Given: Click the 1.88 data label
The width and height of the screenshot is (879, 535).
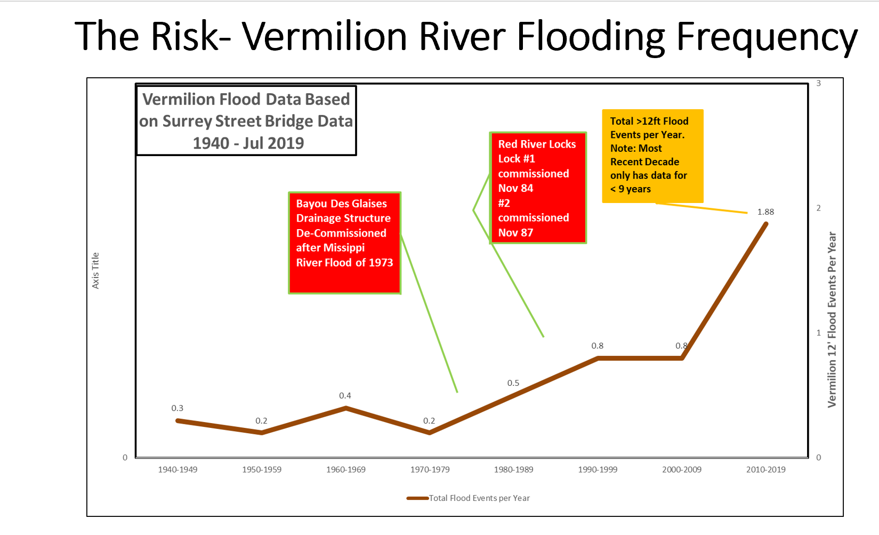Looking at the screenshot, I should pyautogui.click(x=765, y=212).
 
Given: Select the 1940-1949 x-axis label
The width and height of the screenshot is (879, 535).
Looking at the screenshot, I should pyautogui.click(x=178, y=469).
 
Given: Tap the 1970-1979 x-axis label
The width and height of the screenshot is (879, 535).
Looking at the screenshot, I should pyautogui.click(x=430, y=469).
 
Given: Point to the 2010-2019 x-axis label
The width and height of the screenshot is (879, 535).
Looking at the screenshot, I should pyautogui.click(x=765, y=469).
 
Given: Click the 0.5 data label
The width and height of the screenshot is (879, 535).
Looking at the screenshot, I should pyautogui.click(x=513, y=383).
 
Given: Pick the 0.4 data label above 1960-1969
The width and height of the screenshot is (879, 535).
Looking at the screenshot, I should pyautogui.click(x=345, y=396).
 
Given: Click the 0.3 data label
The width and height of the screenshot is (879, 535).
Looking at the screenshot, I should pyautogui.click(x=177, y=408).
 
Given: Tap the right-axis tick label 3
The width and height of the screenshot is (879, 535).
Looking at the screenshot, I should pyautogui.click(x=818, y=84).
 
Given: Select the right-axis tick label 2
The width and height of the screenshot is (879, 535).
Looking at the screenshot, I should pyautogui.click(x=818, y=208).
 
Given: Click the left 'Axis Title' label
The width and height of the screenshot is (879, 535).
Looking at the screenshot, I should pyautogui.click(x=95, y=271).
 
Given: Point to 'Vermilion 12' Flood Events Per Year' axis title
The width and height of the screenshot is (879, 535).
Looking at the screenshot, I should pyautogui.click(x=832, y=320).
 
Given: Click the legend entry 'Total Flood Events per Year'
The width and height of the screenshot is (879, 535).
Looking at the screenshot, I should pyautogui.click(x=479, y=498).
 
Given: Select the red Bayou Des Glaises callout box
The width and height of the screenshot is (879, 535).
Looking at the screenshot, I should pyautogui.click(x=344, y=243).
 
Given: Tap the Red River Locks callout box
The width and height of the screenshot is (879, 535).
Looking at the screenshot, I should pyautogui.click(x=538, y=188).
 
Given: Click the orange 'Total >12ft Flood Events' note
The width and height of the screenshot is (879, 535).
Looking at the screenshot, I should pyautogui.click(x=652, y=156).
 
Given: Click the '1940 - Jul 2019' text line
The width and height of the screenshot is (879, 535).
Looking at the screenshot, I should pyautogui.click(x=248, y=143).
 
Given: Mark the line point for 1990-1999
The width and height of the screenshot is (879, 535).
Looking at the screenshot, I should pyautogui.click(x=598, y=358).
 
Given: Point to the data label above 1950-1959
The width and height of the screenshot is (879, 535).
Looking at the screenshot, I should pyautogui.click(x=261, y=421).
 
